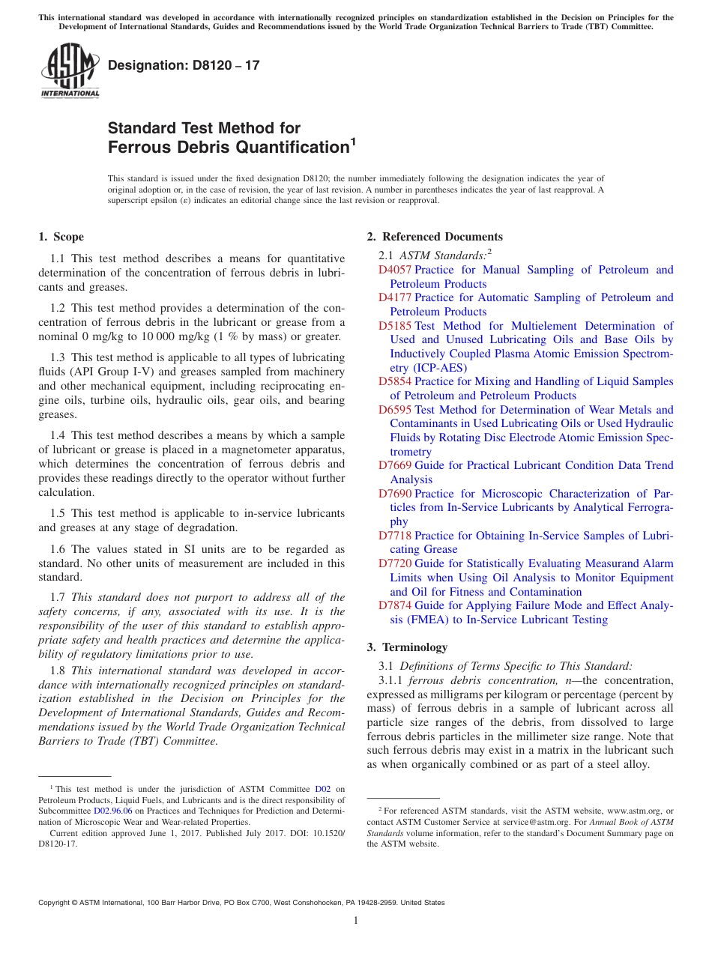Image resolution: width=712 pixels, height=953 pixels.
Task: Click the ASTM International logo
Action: (70, 70)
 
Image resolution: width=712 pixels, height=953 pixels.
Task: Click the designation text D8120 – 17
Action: (184, 65)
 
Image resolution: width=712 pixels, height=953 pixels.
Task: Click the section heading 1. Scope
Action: (61, 237)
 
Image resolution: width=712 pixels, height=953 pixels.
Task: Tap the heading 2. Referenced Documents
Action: (435, 237)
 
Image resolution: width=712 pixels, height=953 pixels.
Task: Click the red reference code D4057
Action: (395, 270)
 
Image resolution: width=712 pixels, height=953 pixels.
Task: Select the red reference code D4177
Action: (395, 297)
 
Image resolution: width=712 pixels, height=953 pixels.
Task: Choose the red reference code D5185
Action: (395, 326)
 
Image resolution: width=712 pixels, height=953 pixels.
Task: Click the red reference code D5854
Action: (395, 381)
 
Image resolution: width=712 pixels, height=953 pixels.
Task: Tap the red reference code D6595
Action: (395, 410)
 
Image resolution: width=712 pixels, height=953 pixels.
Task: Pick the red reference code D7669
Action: (395, 465)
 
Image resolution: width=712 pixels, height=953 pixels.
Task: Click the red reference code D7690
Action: (395, 494)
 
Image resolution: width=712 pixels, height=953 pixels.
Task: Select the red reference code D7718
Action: (395, 536)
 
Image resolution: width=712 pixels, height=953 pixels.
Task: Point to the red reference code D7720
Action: (395, 563)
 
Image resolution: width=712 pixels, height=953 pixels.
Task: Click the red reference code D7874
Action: (395, 605)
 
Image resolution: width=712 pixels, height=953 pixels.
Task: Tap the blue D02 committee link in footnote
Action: (322, 789)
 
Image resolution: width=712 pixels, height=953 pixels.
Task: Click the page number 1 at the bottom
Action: (356, 921)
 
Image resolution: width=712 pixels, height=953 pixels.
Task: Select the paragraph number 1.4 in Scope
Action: (58, 435)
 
